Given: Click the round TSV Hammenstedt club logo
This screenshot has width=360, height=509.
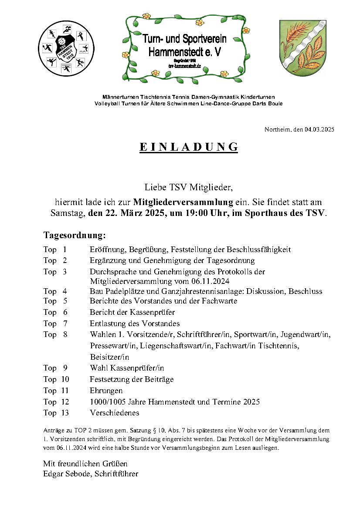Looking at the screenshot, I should (x=66, y=48).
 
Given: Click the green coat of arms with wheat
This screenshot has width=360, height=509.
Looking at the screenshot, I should (x=302, y=47).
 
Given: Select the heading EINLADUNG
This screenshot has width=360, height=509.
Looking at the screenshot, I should (x=189, y=147).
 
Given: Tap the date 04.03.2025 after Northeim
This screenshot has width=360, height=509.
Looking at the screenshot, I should (x=319, y=129).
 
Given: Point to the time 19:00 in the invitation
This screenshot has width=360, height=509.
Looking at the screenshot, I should (x=197, y=213).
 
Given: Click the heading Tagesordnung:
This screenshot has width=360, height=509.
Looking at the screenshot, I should (x=75, y=236).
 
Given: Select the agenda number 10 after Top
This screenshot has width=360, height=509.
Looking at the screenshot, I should (x=65, y=379).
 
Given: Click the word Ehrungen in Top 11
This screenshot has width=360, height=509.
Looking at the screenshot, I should (x=106, y=391).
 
